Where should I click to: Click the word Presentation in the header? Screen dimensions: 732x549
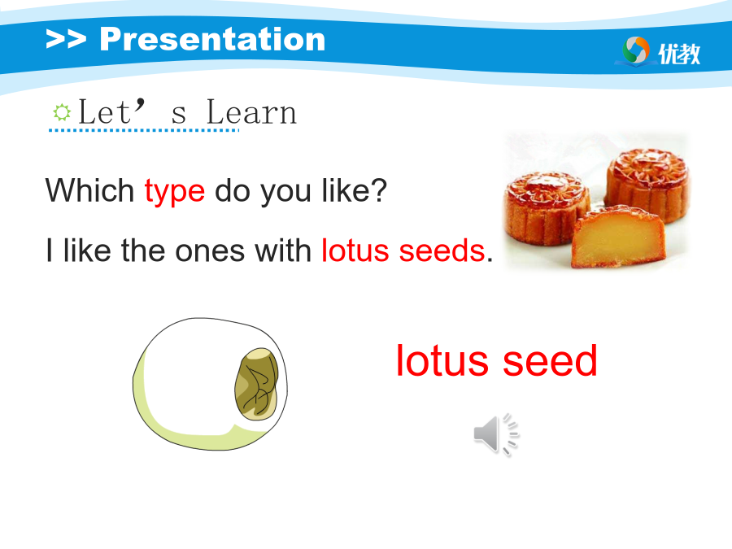(212, 39)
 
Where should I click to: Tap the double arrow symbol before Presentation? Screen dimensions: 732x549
(66, 39)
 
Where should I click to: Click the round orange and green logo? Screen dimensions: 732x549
(636, 50)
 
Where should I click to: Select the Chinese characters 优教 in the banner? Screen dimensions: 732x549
(679, 54)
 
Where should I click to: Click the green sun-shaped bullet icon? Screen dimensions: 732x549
(62, 112)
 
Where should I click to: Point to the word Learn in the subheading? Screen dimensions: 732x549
(251, 112)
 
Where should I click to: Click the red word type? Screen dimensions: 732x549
(175, 192)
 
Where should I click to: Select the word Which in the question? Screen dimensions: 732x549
(90, 190)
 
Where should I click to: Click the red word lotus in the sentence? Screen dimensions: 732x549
(355, 251)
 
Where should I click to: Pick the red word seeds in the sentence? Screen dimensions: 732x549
(442, 251)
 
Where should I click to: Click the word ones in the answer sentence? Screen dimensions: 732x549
(210, 251)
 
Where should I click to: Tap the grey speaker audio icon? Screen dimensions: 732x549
(496, 434)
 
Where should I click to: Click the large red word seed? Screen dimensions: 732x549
(551, 360)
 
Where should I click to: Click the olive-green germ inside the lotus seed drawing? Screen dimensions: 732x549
(256, 384)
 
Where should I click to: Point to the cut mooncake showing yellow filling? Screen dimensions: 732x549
(619, 237)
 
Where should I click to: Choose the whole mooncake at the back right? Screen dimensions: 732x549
(647, 184)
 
